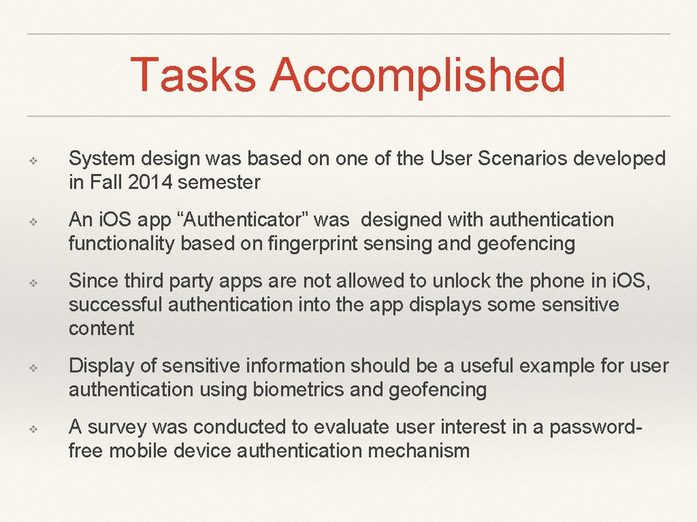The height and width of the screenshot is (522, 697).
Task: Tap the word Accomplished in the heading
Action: (417, 75)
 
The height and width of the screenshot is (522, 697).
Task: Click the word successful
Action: (115, 304)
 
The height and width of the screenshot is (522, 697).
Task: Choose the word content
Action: (101, 328)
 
